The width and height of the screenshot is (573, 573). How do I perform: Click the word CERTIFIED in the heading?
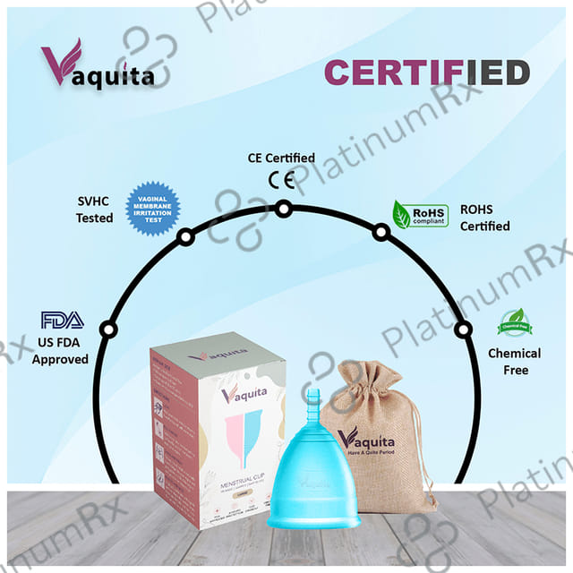coord(426,73)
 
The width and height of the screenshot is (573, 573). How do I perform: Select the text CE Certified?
coord(281,158)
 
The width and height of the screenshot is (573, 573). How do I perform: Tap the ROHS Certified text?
coord(484,218)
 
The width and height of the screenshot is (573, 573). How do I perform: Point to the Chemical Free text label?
coord(514,362)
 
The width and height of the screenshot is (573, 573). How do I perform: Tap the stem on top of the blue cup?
coord(312,406)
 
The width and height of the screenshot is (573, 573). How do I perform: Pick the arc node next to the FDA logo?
coord(108,329)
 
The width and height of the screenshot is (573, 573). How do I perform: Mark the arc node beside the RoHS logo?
coord(381,232)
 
